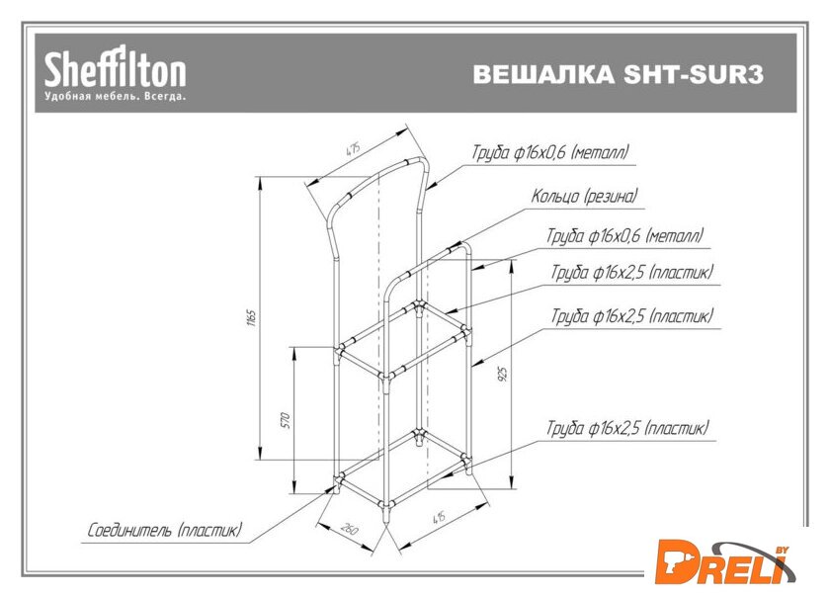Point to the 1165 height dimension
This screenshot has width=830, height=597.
[252, 318]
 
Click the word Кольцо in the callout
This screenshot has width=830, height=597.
[554, 197]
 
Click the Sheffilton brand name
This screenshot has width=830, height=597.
[114, 70]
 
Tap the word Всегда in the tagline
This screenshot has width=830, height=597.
[164, 98]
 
